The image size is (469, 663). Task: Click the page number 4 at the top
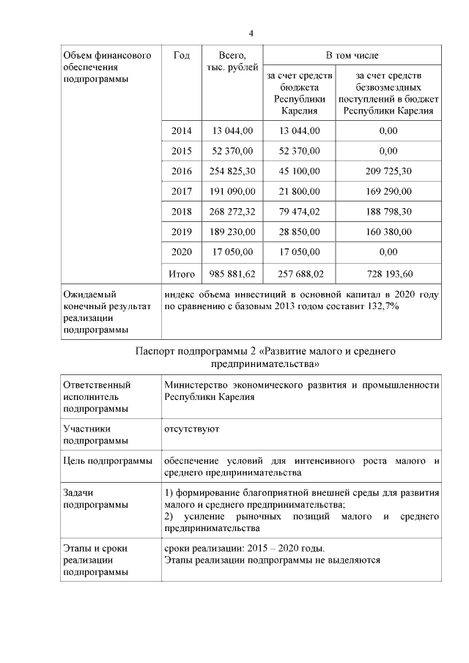point(251,34)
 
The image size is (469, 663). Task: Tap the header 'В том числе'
point(352,56)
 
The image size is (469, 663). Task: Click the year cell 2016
point(181,171)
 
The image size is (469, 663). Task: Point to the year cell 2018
point(181,212)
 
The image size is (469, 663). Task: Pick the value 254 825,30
point(232,171)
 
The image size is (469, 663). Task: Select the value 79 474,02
point(299,212)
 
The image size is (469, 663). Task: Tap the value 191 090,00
point(232,192)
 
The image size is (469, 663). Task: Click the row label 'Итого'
point(181,273)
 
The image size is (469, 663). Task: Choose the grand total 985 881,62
point(232,273)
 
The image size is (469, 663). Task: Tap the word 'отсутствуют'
point(191,427)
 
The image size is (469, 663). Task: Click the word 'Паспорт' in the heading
point(156,351)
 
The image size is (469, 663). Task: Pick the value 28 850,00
point(299,232)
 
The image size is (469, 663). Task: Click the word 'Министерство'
point(199,385)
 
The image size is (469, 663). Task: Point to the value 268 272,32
point(232,212)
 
